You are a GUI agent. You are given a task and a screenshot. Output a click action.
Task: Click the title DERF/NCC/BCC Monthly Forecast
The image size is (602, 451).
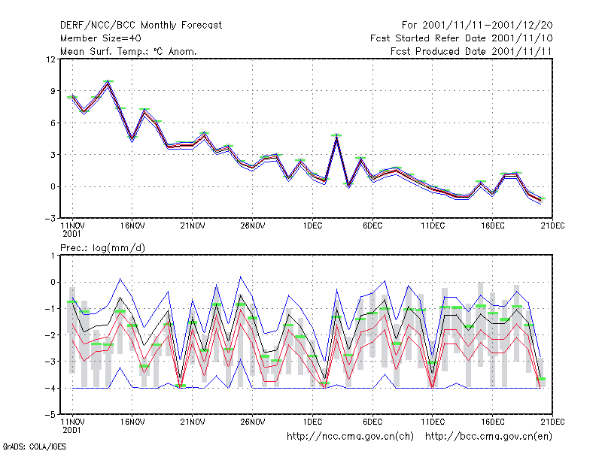[x=141, y=26]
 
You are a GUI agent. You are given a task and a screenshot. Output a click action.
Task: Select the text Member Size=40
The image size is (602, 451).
[x=101, y=38]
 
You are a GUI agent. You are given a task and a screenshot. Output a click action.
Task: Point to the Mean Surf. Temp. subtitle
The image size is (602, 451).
[x=128, y=51]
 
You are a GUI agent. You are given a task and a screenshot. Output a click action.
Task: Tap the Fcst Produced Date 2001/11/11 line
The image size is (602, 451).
[x=471, y=51]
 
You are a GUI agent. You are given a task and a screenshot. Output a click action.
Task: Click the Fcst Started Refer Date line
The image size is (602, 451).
[x=461, y=38]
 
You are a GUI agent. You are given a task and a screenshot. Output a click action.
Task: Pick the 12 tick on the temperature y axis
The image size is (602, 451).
[x=50, y=59]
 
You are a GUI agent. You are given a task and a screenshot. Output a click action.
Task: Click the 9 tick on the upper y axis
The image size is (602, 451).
[x=53, y=91]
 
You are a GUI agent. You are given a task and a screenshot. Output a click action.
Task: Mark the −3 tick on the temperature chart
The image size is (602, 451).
[x=50, y=219]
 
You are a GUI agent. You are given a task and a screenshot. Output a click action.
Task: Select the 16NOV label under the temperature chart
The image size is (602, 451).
[x=132, y=225]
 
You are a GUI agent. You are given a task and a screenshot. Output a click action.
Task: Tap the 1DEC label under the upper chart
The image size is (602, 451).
[x=312, y=225]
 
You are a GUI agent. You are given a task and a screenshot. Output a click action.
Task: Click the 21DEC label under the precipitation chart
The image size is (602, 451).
[x=552, y=422]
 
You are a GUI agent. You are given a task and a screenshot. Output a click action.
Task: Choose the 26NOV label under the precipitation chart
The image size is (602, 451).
[x=252, y=422]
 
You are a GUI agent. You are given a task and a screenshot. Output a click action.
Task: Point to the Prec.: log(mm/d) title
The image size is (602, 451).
[x=102, y=248]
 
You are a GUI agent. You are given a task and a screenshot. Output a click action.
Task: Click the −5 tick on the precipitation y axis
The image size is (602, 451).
[x=50, y=415]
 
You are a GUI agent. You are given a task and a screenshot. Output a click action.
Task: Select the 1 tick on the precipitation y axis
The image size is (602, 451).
[x=53, y=256]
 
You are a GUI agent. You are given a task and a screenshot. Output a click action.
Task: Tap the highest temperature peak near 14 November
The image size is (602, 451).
[x=108, y=81]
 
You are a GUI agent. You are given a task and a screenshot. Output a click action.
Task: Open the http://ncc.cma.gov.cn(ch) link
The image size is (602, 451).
[x=350, y=437]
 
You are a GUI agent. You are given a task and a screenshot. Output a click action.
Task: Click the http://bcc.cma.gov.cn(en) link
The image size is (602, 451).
[x=488, y=437]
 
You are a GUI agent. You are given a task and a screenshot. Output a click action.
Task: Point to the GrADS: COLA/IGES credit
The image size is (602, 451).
[x=35, y=446]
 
